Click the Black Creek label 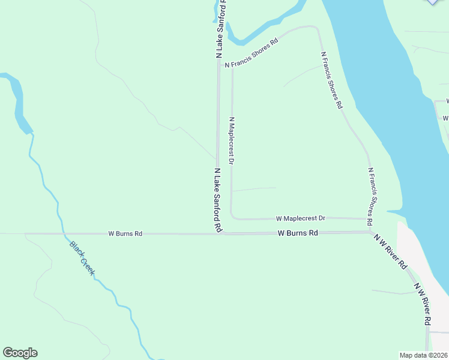coord(82,259)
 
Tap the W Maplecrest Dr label coord(300,218)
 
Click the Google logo coord(20,353)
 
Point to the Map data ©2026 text coord(424,355)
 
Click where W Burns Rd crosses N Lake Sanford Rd coord(218,233)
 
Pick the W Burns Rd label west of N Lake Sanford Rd coord(125,233)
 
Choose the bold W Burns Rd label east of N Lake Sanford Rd coord(298,233)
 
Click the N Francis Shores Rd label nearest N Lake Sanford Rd coord(252,53)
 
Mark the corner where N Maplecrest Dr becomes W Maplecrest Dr coord(232,217)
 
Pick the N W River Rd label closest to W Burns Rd coord(391,251)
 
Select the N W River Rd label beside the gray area coord(422,306)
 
